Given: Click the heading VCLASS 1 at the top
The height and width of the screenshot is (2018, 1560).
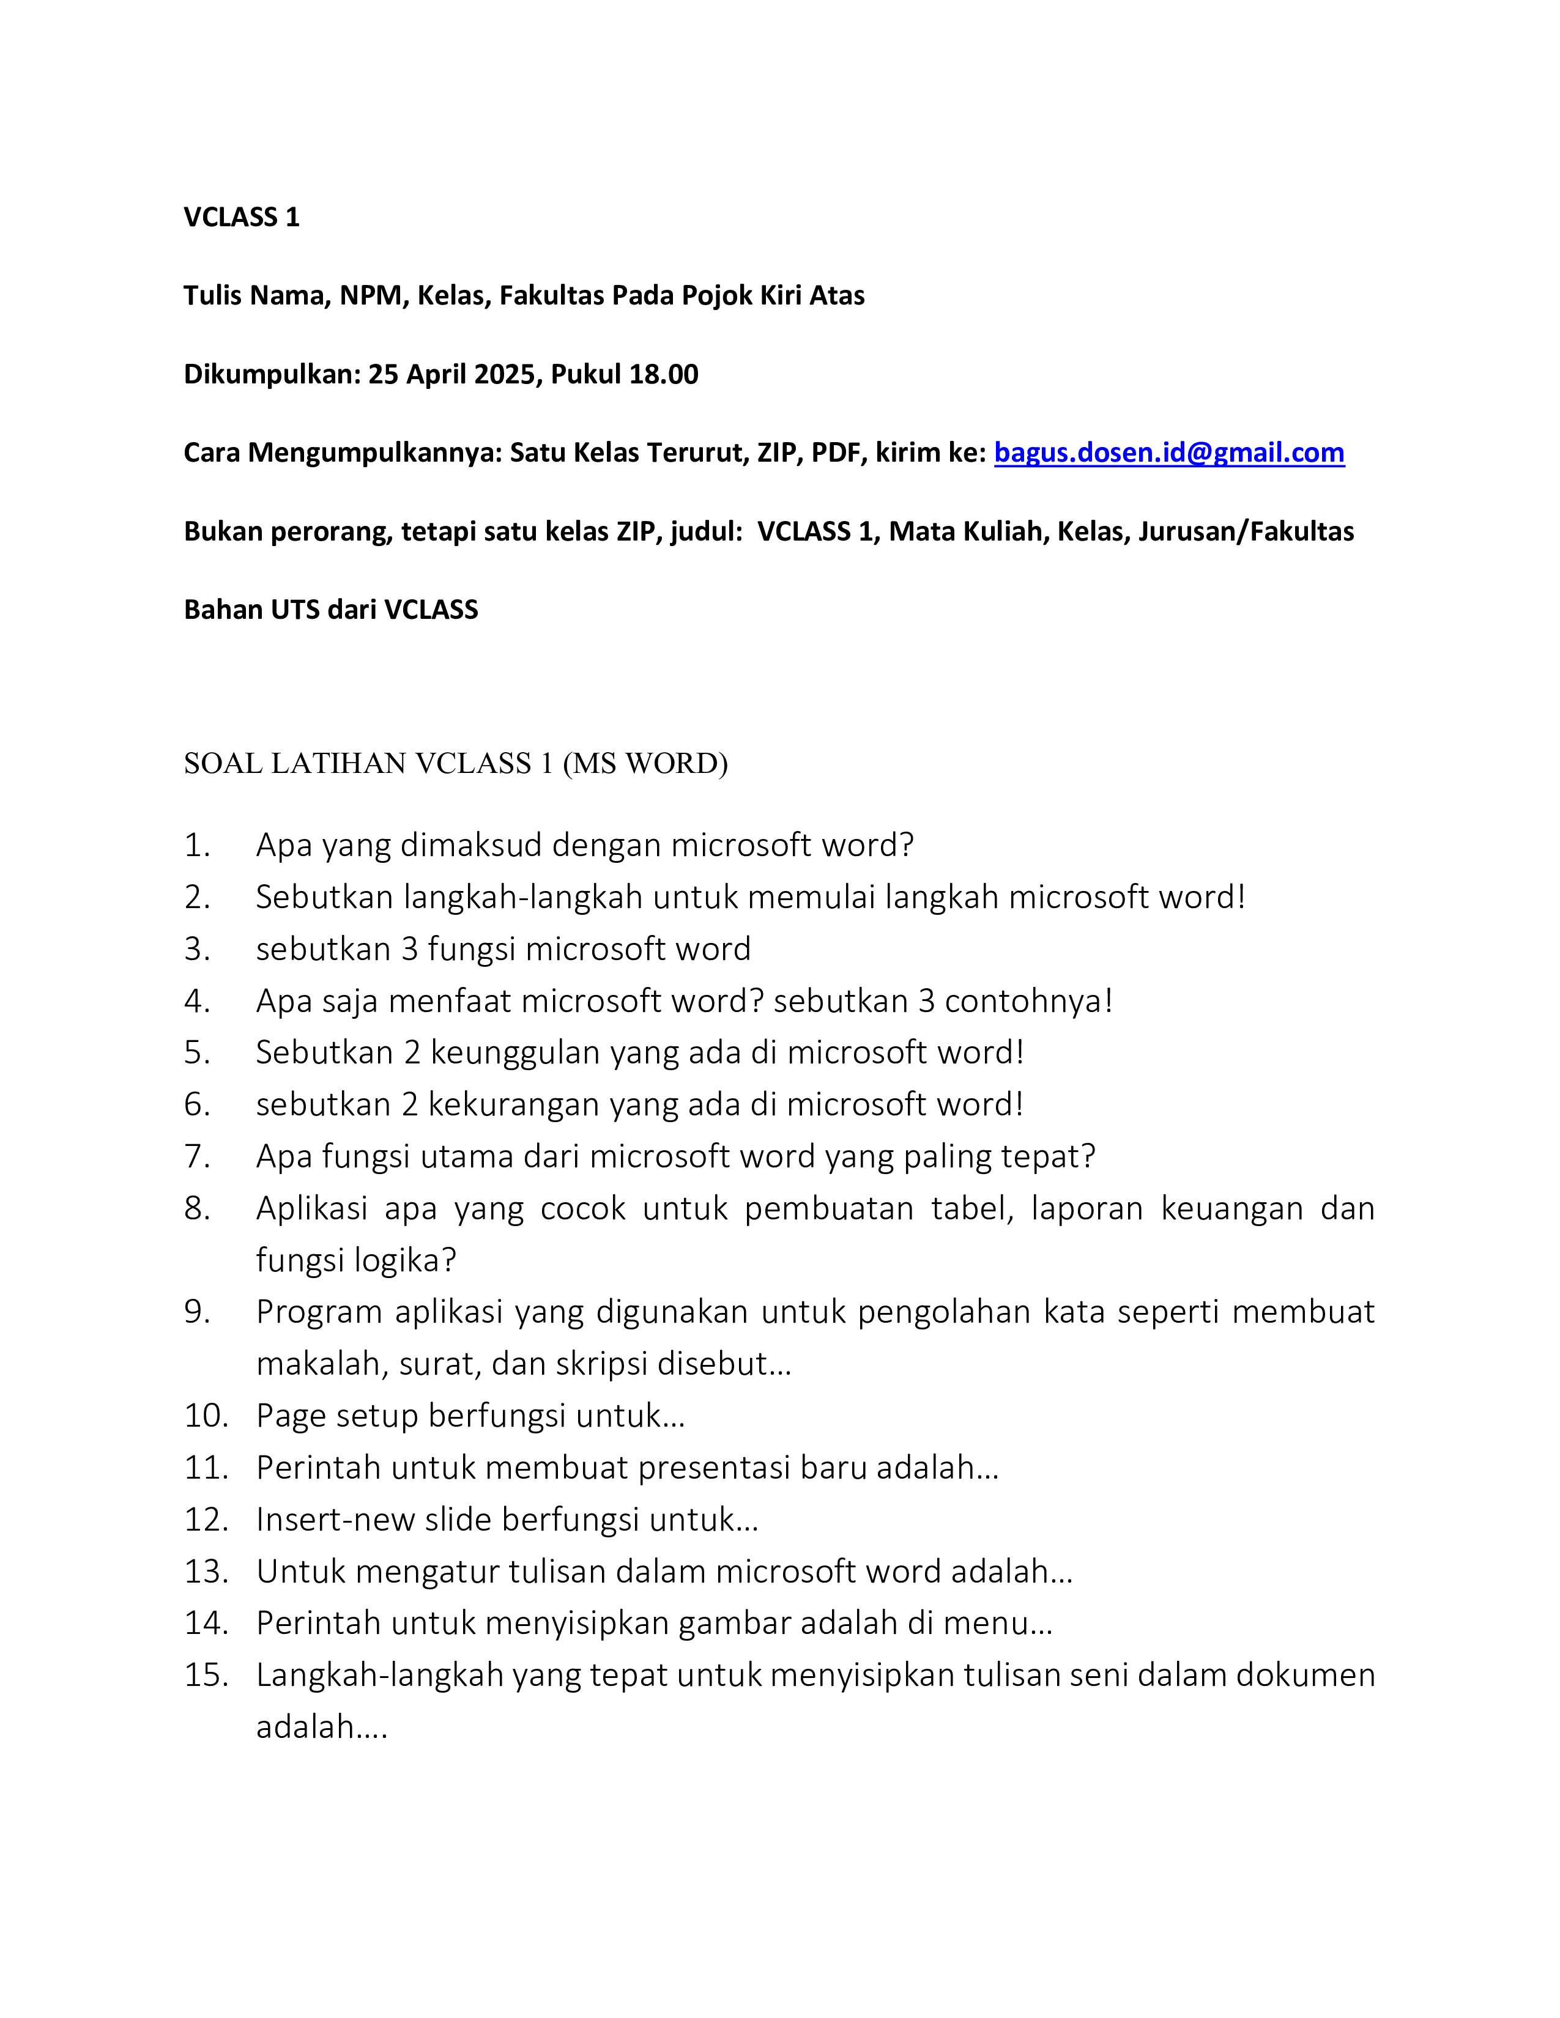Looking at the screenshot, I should (241, 217).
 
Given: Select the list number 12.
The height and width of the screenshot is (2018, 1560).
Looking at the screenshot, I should (205, 1520).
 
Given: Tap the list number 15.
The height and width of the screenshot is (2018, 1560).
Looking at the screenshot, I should (205, 1675).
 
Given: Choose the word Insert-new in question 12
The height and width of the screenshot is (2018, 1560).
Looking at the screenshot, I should (335, 1520).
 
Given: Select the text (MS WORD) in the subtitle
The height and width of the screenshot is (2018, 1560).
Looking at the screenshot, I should (645, 764).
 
